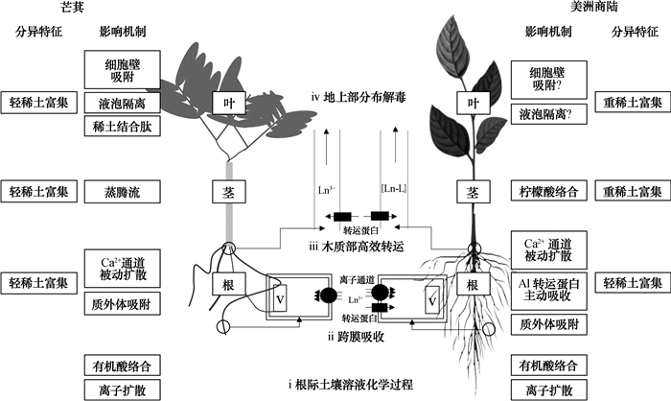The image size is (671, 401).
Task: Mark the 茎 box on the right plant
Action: click(471, 191)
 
